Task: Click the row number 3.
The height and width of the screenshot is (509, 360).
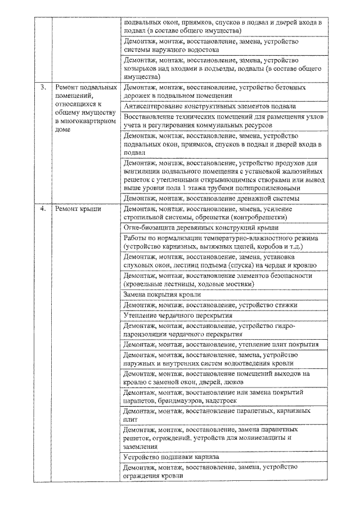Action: tap(42, 88)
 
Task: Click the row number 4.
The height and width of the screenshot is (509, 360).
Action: tap(42, 209)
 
